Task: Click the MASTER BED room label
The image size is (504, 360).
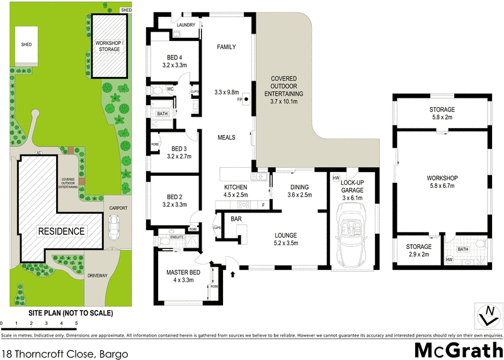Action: (183, 275)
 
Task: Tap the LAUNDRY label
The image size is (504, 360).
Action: (186, 25)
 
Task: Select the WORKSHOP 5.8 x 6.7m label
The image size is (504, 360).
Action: (441, 182)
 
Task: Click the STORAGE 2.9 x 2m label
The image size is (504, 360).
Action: (418, 250)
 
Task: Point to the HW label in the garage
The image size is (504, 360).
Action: (336, 178)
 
